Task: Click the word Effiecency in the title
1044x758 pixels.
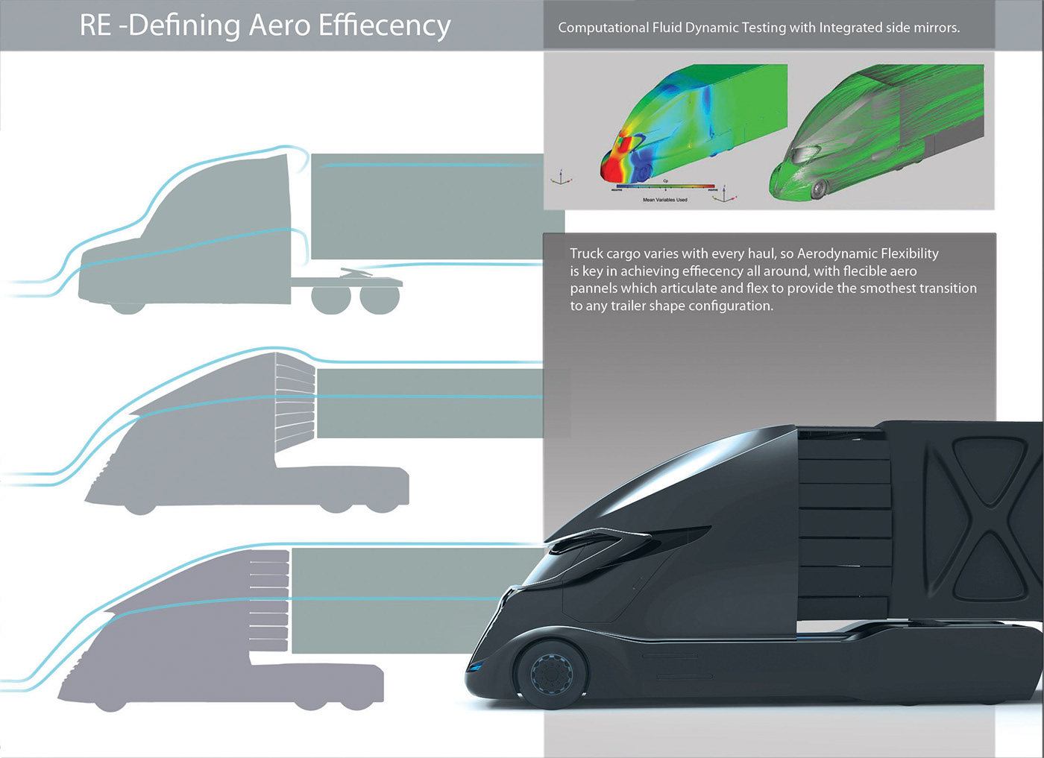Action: pyautogui.click(x=384, y=26)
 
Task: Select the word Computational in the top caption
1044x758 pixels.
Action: pyautogui.click(x=603, y=28)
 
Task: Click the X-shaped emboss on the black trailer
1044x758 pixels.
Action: pyautogui.click(x=984, y=514)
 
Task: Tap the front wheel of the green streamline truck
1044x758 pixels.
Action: pyautogui.click(x=818, y=189)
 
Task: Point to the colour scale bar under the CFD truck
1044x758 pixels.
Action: pyautogui.click(x=665, y=187)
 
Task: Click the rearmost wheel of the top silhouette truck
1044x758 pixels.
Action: pyautogui.click(x=380, y=297)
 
